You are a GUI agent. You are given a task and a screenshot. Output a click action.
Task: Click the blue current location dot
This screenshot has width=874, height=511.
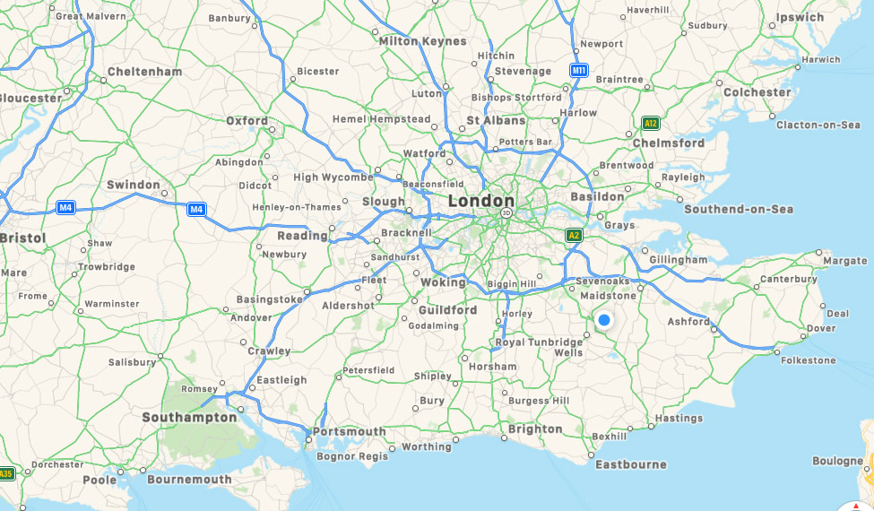(x=604, y=320)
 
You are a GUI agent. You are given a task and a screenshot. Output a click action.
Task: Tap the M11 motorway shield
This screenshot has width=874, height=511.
(x=579, y=70)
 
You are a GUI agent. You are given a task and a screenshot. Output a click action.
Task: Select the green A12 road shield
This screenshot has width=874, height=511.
(x=652, y=123)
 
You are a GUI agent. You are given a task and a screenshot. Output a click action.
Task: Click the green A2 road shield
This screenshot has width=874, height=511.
(x=574, y=235)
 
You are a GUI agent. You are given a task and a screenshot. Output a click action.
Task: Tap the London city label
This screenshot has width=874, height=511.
(x=481, y=201)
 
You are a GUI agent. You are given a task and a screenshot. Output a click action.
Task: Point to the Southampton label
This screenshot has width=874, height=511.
(x=189, y=417)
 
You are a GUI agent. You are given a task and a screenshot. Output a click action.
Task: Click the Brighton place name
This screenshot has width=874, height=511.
(x=535, y=429)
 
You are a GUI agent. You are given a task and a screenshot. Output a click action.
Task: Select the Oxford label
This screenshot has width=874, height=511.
(x=247, y=120)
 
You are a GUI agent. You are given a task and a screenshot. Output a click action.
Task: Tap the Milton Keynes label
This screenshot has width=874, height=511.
(x=422, y=41)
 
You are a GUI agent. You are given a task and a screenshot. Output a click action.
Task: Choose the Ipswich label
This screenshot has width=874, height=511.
(x=800, y=17)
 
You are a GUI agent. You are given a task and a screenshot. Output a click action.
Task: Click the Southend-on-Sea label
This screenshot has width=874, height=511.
(x=739, y=209)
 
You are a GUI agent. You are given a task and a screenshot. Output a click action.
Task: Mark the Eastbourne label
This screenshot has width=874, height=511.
(x=631, y=464)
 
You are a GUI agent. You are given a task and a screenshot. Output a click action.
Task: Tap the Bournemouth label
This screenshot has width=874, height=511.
(x=189, y=480)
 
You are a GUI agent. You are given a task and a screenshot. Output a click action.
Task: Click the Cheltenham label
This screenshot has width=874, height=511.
(x=144, y=71)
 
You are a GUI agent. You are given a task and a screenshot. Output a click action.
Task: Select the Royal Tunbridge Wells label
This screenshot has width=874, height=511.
(x=540, y=347)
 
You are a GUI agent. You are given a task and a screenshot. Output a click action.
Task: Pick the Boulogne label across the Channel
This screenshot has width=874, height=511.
(x=837, y=461)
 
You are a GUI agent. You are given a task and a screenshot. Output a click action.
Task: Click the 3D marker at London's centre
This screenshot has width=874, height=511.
(x=506, y=213)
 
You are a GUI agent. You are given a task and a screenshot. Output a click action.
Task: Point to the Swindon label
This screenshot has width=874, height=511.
(x=133, y=185)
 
